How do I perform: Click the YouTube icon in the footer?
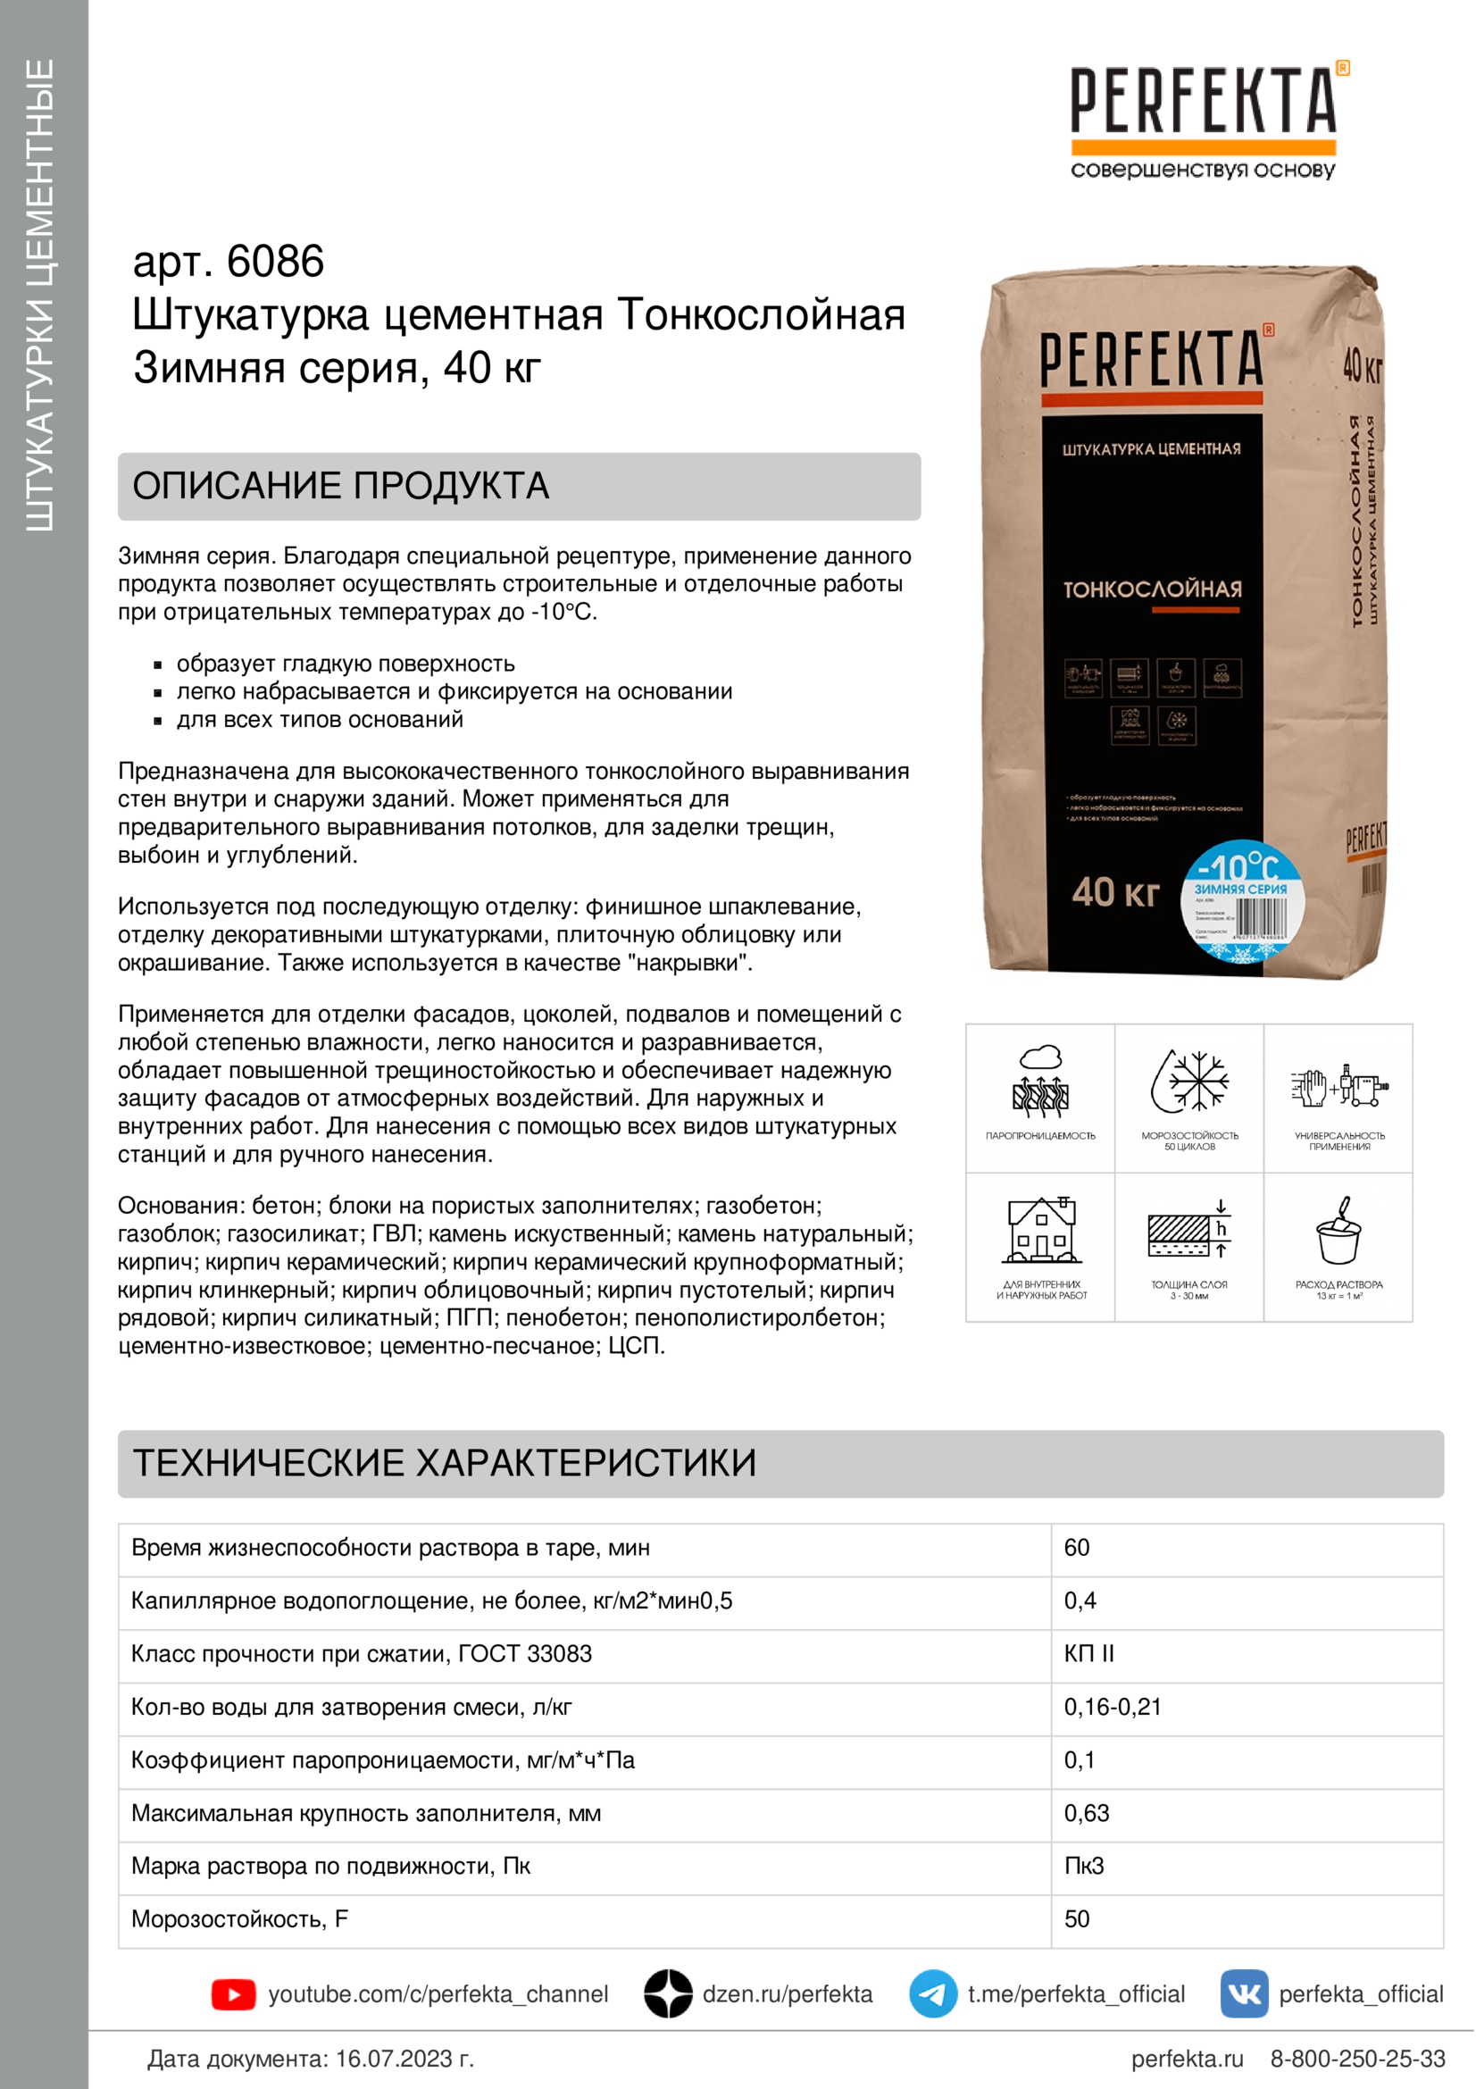(233, 1994)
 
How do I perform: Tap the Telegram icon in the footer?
(933, 1994)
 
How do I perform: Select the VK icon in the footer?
(1244, 1994)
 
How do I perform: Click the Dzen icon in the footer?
(669, 1994)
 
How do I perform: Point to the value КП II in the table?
(1088, 1653)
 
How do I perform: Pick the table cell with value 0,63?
(1087, 1812)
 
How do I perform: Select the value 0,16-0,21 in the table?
(1113, 1707)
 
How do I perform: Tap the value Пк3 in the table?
(1084, 1866)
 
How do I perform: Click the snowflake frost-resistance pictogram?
(1189, 1082)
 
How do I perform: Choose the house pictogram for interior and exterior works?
(1041, 1231)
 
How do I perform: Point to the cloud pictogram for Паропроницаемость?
(1040, 1082)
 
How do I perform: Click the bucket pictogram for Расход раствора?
(1338, 1231)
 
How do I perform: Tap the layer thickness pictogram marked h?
(1189, 1231)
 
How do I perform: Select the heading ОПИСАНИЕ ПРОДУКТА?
(341, 486)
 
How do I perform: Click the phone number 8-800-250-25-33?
(1357, 2058)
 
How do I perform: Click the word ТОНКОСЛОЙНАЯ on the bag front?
(1152, 589)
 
